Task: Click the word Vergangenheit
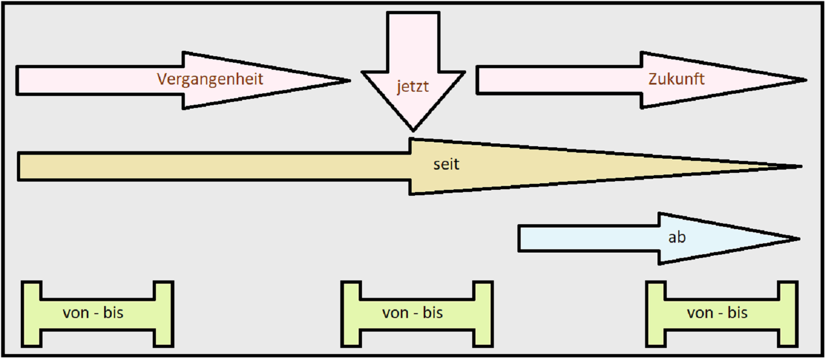point(210,79)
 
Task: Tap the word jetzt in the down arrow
point(413,87)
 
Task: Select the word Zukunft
point(676,79)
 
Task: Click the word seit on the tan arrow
point(446,164)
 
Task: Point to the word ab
point(677,238)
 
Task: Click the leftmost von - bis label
point(93,313)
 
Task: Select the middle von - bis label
point(412,313)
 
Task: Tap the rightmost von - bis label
point(717,313)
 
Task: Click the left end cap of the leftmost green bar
point(32,314)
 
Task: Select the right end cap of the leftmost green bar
point(163,314)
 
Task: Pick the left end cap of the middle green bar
point(351,314)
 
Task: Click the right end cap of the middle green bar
point(483,314)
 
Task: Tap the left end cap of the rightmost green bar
point(655,314)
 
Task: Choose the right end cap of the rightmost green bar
point(788,314)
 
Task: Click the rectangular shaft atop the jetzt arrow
point(413,41)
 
